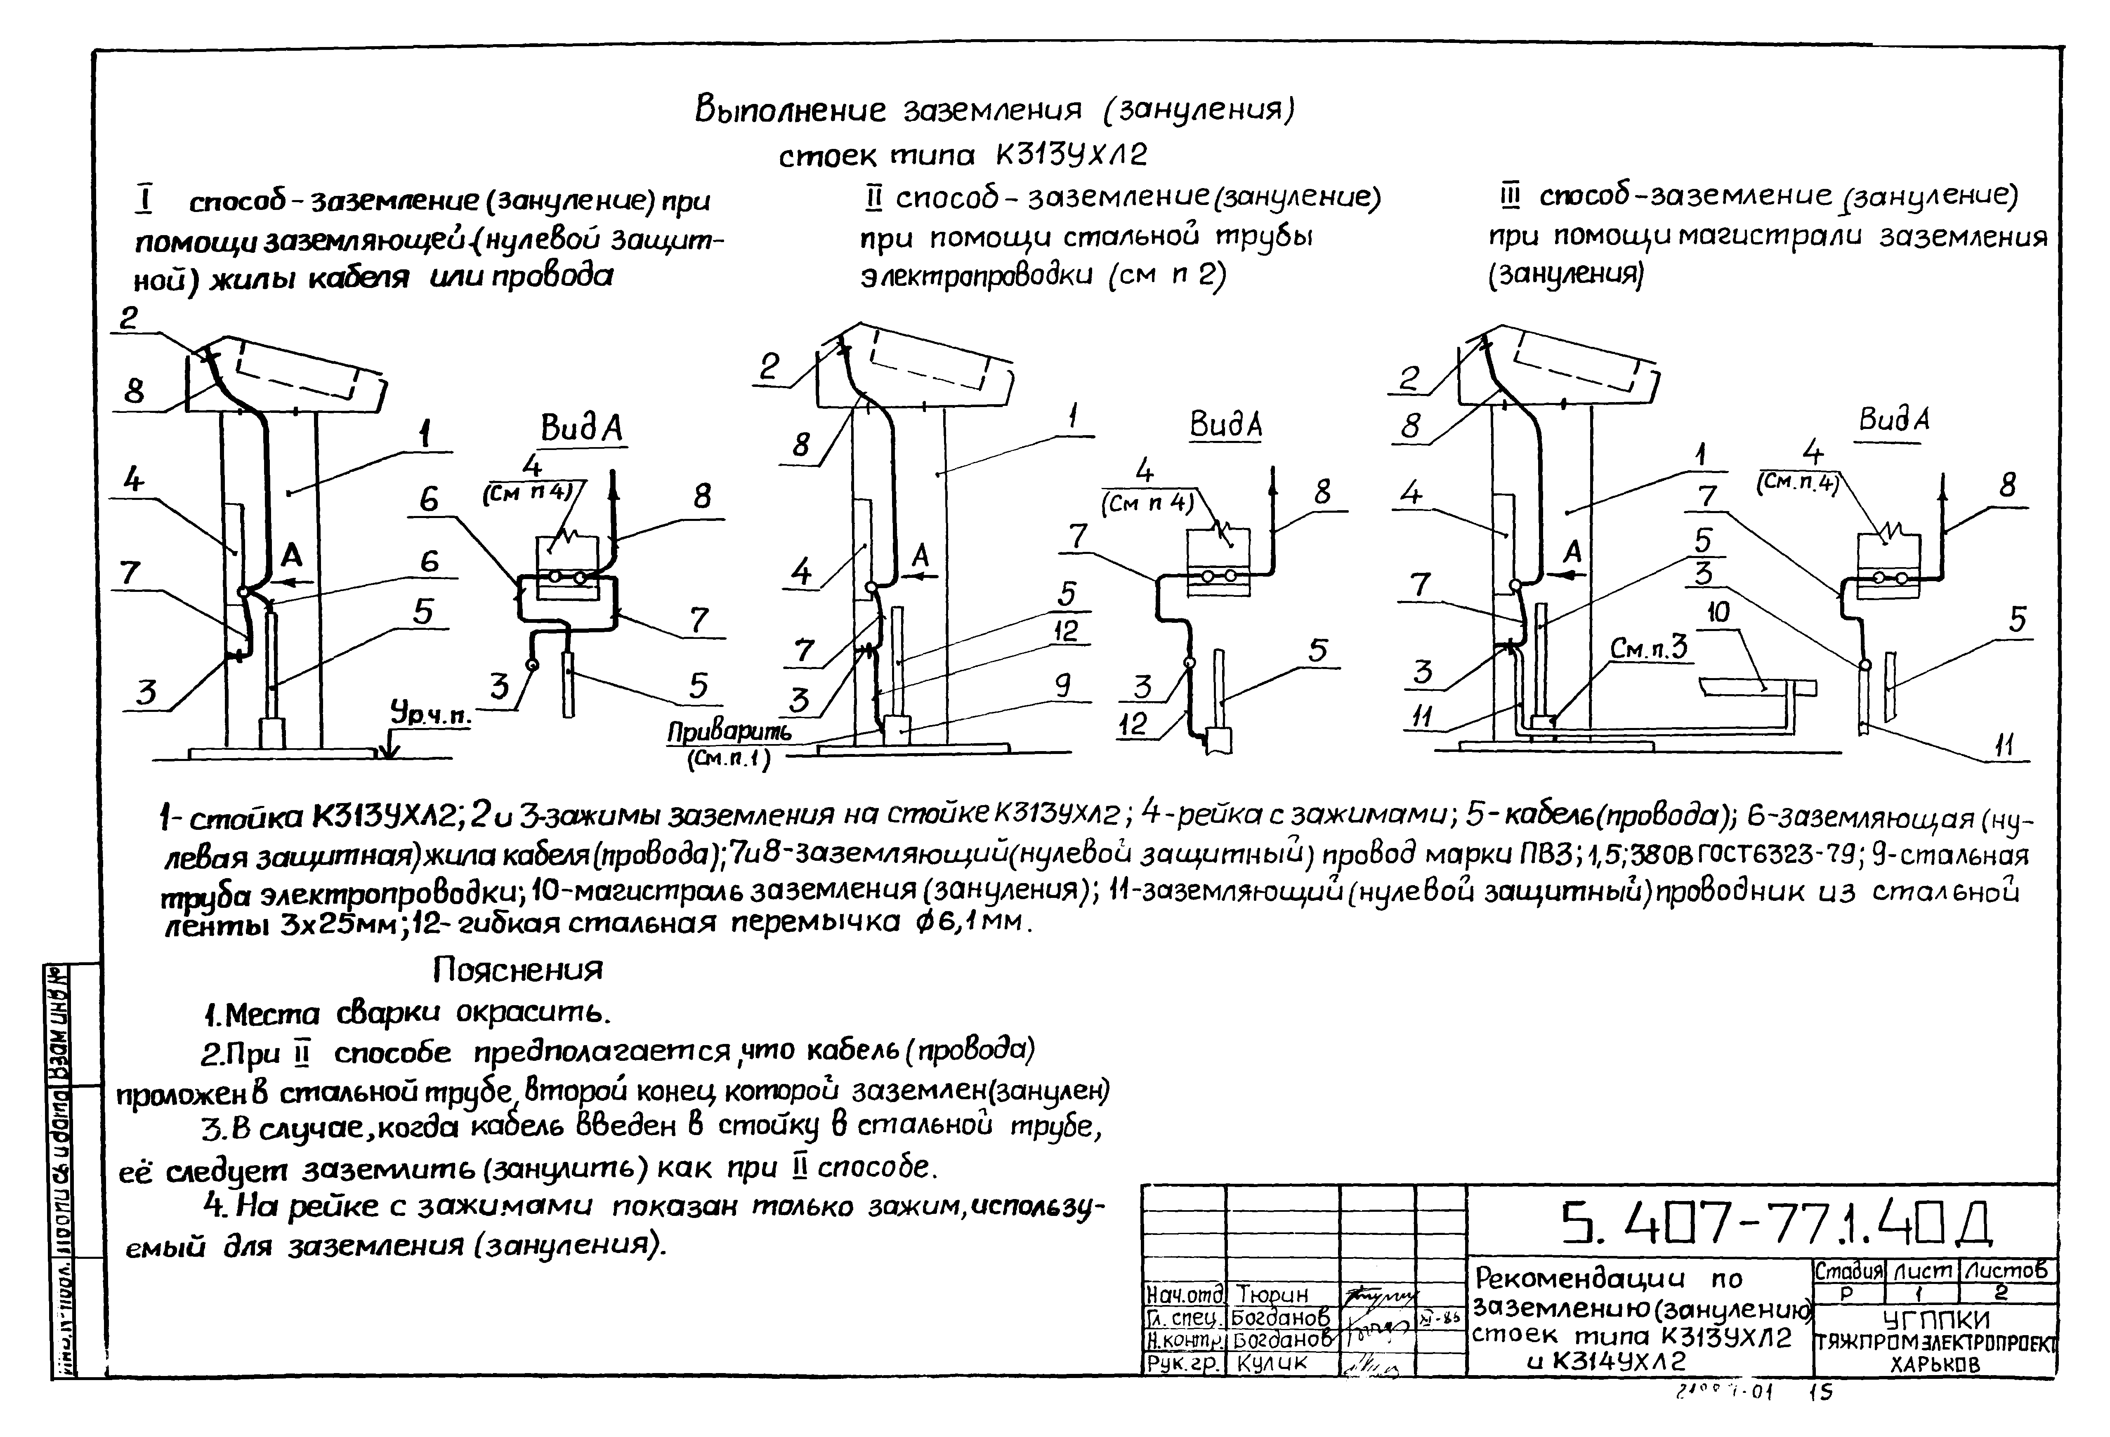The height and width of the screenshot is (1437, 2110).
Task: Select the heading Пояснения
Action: [x=517, y=970]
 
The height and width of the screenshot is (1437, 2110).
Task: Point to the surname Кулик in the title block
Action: [x=1271, y=1363]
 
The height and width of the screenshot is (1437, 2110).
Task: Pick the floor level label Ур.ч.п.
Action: [x=431, y=715]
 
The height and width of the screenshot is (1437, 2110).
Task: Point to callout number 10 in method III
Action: [x=1718, y=613]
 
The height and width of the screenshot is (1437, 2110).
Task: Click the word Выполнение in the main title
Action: [x=790, y=110]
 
